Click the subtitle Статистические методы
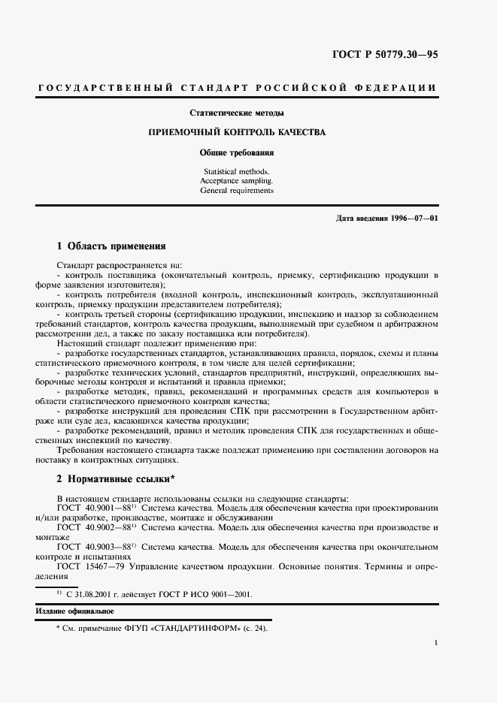236,113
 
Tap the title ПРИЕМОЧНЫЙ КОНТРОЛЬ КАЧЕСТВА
237,132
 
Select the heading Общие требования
237,152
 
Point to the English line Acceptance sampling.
237,181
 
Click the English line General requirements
237,191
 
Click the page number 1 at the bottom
436,644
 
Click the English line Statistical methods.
237,171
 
